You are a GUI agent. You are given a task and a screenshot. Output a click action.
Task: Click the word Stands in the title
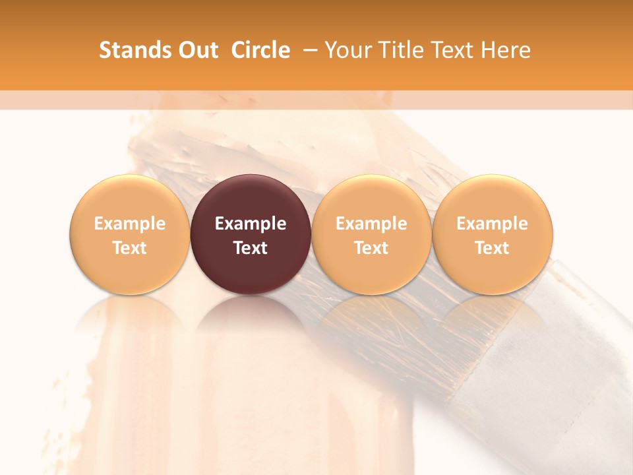(131, 50)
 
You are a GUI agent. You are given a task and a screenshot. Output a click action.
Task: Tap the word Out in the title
(196, 50)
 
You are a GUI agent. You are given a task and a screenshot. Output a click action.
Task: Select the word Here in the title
(505, 50)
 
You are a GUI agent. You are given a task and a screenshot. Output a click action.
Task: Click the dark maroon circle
(251, 198)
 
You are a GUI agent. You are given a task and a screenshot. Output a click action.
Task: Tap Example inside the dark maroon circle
(251, 224)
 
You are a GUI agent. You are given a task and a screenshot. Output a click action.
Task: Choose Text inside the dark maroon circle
(251, 248)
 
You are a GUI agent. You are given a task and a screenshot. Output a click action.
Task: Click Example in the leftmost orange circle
(130, 224)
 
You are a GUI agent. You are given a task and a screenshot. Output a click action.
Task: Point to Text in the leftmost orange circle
(130, 248)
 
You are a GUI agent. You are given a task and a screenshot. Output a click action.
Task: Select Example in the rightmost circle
(493, 224)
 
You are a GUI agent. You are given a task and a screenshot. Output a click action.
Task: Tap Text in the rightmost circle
(493, 248)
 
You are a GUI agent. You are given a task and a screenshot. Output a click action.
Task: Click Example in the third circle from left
(371, 224)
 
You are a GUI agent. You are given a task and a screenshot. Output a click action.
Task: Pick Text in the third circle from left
(371, 248)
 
